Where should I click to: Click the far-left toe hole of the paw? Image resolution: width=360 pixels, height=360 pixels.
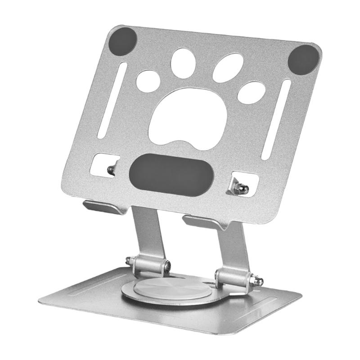click(x=148, y=81)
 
